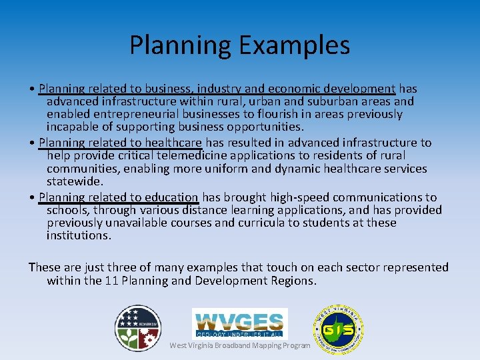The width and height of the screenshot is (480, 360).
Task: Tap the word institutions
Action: coord(79,235)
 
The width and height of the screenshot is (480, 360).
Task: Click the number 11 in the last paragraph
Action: coord(112,281)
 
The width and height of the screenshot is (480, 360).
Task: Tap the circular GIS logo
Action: coord(338,329)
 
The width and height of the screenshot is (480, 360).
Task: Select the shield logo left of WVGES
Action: coord(137,328)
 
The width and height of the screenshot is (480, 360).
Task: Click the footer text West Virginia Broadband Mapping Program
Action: coord(240,345)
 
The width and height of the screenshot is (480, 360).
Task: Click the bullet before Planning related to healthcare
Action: coord(33,143)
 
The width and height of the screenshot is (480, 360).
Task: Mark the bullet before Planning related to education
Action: coord(33,197)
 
